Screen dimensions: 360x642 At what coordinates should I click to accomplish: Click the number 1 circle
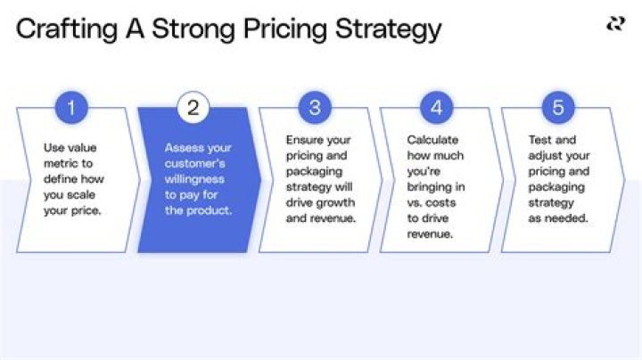[70, 109]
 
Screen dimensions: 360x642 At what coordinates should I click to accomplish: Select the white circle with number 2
[193, 109]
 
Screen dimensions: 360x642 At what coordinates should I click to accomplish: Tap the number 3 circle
[315, 109]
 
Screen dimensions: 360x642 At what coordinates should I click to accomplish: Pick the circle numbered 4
[436, 109]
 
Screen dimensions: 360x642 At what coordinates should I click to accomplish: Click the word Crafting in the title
[61, 29]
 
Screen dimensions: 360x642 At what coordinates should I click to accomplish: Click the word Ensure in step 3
[304, 140]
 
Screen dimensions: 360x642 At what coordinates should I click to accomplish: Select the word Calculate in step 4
[432, 140]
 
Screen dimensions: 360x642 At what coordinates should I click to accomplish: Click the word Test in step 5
[539, 140]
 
